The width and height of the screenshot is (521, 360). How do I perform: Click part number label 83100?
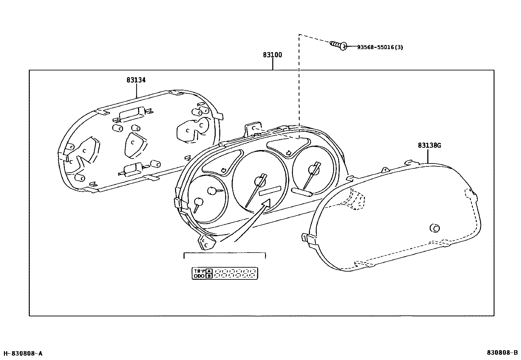point(272,55)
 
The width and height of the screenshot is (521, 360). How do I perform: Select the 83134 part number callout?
point(136,80)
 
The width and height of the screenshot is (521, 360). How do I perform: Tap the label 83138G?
point(429,145)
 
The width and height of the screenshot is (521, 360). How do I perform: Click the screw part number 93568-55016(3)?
point(380,47)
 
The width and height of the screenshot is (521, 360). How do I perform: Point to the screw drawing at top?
point(338,45)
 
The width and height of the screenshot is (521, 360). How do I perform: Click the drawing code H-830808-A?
point(23,353)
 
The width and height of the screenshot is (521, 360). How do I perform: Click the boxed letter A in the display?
point(209,271)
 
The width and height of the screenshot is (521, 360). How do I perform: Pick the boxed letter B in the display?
point(209,276)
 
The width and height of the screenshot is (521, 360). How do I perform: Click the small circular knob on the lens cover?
point(435,228)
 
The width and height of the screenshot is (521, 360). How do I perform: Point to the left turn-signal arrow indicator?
point(224,170)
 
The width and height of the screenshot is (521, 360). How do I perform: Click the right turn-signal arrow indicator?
point(289,152)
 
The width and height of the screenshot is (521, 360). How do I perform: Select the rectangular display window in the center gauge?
point(270,191)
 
